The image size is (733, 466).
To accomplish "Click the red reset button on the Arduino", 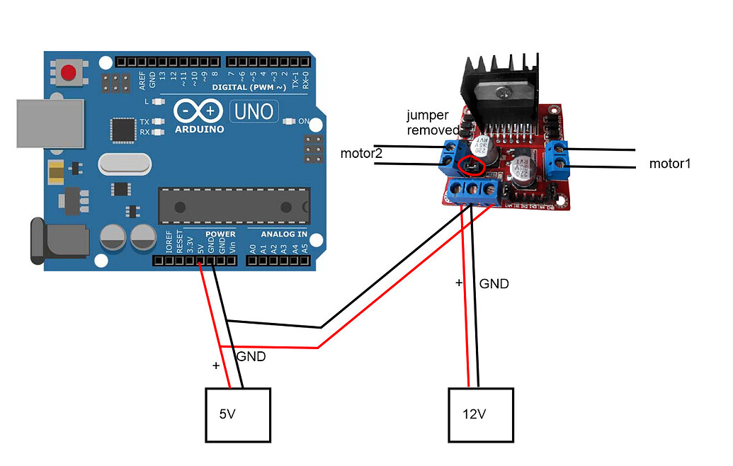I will tap(69, 72).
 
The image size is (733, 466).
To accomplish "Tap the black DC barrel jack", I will tap(58, 241).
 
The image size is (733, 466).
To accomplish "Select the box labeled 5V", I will tap(238, 414).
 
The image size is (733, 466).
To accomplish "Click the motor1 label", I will tap(669, 164).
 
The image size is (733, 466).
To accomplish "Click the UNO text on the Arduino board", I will tap(254, 111).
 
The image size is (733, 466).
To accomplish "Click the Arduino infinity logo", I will tap(199, 111).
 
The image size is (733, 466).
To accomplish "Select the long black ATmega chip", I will tap(234, 205).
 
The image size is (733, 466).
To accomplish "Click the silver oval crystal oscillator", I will tap(125, 165).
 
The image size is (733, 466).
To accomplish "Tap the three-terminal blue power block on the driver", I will tap(475, 191).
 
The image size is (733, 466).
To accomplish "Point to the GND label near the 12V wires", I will tap(494, 284).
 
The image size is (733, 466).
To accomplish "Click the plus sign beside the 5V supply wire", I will tap(216, 366).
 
